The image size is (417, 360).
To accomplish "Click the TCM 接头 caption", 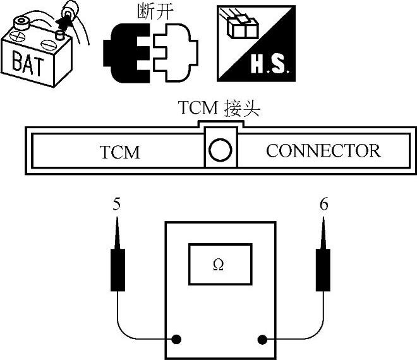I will pos(219,109).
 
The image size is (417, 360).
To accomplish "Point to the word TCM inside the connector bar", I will pos(119,152).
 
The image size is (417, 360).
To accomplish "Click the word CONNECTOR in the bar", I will pos(323,151).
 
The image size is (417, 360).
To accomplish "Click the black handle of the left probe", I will pos(118,269).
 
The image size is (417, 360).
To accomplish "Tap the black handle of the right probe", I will pos(323,269).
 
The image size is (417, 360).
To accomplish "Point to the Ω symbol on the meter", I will pos(218,266).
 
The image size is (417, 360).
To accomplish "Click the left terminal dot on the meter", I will pos(178,339).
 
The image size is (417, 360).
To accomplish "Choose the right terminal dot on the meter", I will pos(262,339).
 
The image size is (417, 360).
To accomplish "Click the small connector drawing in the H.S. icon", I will pos(241,27).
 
